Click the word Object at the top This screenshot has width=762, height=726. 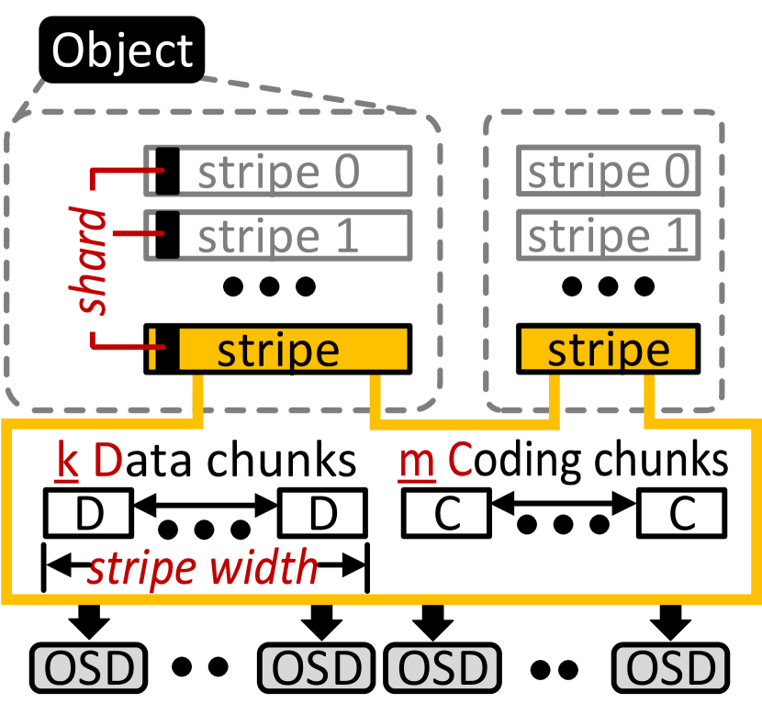122,50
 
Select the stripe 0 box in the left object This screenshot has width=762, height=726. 278,171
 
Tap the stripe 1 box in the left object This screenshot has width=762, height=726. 278,235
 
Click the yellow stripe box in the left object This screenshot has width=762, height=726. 292,349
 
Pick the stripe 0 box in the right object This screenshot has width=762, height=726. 608,171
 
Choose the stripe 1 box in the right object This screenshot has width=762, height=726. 608,235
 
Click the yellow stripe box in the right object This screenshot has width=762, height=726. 608,350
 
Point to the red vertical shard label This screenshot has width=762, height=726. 89,261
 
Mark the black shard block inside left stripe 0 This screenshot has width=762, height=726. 166,171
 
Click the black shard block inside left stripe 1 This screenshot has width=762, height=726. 166,235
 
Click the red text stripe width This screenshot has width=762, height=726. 202,569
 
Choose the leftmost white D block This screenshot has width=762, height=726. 88,514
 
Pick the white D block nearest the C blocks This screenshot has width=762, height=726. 322,514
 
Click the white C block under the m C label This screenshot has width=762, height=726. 446,514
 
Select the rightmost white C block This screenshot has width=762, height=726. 681,514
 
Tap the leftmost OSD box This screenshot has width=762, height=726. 88,668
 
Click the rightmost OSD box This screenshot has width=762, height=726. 670,668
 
